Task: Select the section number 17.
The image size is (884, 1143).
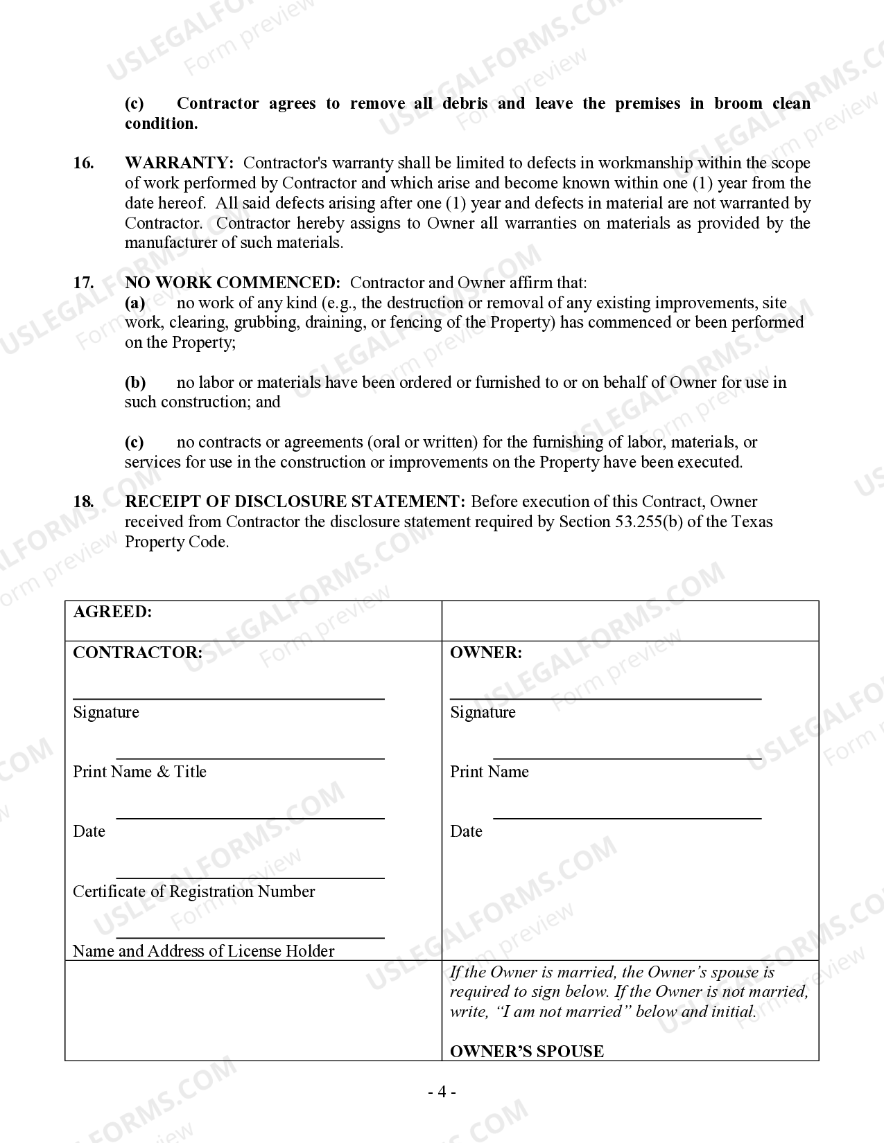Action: [83, 283]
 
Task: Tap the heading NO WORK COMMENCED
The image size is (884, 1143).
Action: [232, 283]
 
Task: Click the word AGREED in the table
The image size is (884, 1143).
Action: [112, 612]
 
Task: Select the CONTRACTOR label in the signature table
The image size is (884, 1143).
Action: [138, 653]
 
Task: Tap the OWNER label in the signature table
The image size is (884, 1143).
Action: [486, 653]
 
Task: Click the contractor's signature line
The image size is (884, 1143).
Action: [229, 698]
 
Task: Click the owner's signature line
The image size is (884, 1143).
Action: [605, 698]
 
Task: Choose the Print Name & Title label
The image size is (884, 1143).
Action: [140, 772]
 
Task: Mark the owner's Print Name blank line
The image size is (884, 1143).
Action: [627, 758]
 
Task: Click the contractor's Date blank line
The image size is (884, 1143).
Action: [250, 817]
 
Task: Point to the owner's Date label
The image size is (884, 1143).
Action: [466, 831]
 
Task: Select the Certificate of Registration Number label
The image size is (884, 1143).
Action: [194, 892]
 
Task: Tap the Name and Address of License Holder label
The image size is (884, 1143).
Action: [204, 951]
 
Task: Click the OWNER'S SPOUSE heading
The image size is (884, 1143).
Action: [527, 1051]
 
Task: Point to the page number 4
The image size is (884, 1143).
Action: [442, 1092]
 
